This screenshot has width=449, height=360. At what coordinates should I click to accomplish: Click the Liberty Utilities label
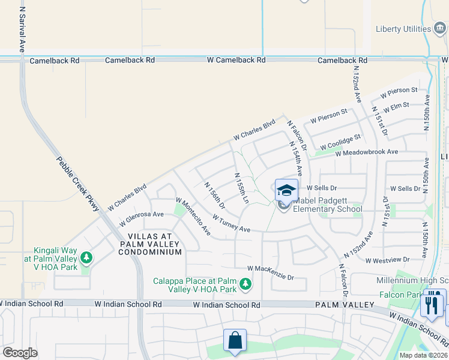tap(403, 29)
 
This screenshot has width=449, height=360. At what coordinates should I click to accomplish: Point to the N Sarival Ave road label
tap(22, 27)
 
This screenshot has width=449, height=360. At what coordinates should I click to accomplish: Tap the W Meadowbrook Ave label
tap(367, 152)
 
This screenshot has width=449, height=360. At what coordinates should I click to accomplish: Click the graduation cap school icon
tap(286, 190)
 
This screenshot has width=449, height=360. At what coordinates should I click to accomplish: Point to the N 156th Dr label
tap(214, 195)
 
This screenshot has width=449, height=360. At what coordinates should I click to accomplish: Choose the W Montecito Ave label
tap(193, 216)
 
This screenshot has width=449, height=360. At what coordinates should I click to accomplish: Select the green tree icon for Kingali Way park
tap(87, 258)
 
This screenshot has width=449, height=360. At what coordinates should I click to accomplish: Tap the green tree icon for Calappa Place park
tap(245, 283)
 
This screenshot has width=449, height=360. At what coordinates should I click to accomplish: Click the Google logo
tap(19, 353)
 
